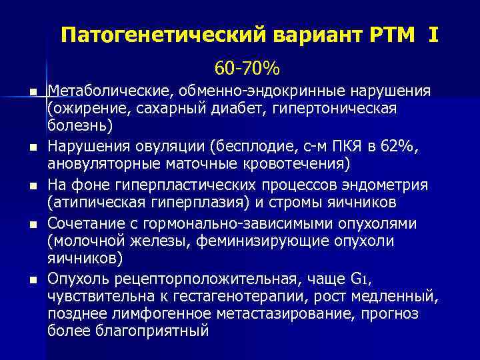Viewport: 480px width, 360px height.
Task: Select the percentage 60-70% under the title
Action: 247,69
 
